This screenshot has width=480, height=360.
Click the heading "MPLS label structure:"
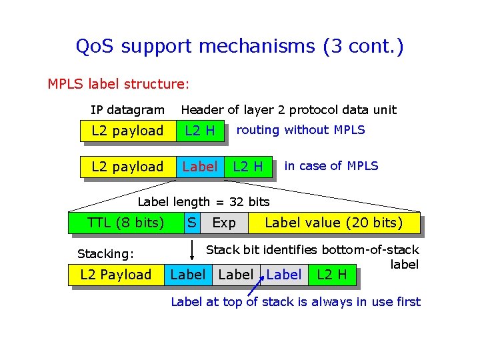tap(119, 85)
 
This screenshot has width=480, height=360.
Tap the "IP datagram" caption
tap(127, 110)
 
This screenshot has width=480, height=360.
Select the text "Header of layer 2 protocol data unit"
tap(289, 110)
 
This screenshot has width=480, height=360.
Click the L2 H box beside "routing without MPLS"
tap(200, 131)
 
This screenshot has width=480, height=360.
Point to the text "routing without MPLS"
tap(301, 130)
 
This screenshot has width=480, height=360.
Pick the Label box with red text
tap(199, 167)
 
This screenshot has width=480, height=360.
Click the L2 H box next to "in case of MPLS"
tap(247, 167)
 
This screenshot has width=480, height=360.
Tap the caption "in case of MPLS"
tap(331, 166)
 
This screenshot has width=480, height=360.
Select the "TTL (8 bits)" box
tap(126, 223)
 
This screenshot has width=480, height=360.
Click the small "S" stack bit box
tap(191, 222)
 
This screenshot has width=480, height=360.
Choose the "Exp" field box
tap(224, 223)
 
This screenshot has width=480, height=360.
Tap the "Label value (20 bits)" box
tap(333, 223)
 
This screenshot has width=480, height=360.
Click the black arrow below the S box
tap(191, 250)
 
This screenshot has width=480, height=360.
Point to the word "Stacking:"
tap(106, 254)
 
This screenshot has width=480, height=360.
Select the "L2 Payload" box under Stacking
tap(116, 275)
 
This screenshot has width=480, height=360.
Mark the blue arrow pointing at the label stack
tap(255, 288)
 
